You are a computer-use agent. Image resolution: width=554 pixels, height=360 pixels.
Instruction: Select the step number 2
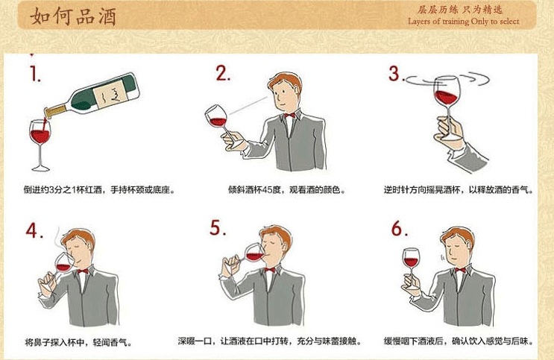(x=223, y=73)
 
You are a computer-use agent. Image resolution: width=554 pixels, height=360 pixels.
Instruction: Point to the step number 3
(x=395, y=74)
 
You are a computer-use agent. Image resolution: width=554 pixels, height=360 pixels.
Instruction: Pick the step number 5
(x=217, y=228)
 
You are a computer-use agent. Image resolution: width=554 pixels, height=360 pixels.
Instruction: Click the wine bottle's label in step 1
(x=110, y=92)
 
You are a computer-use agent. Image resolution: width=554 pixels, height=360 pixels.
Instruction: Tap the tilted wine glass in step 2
(x=217, y=119)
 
